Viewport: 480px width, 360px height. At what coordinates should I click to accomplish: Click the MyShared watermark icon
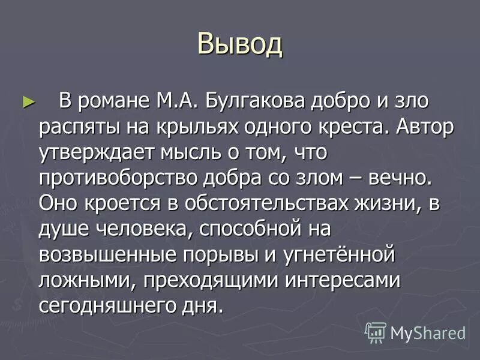click(x=376, y=332)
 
